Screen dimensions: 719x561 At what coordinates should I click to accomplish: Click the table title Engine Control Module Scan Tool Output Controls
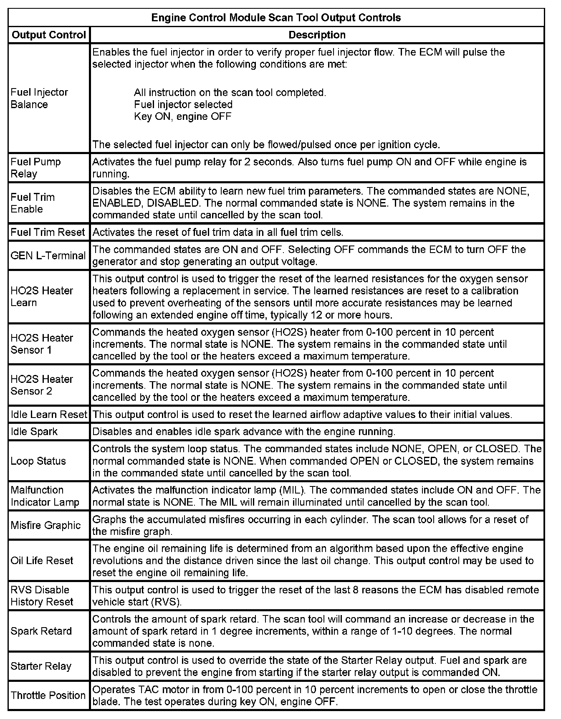(276, 18)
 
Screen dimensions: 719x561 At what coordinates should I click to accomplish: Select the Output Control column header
(49, 35)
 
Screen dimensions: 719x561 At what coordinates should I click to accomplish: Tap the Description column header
(317, 35)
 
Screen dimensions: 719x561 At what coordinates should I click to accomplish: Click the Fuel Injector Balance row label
(39, 99)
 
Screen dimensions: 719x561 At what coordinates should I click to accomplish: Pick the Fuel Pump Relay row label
(35, 168)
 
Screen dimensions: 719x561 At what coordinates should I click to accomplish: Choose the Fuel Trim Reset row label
(48, 232)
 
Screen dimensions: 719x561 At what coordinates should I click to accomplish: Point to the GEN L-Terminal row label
(48, 256)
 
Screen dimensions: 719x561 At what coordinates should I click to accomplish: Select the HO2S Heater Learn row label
(42, 296)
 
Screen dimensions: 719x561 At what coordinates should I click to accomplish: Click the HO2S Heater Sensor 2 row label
(42, 385)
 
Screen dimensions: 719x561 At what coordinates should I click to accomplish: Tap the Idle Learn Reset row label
(49, 415)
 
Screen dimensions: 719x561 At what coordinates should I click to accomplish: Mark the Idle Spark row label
(34, 431)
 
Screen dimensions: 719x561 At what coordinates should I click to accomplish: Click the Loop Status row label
(38, 461)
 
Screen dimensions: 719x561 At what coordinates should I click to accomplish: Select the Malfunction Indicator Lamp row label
(45, 496)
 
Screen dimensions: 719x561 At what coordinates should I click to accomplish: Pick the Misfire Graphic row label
(45, 525)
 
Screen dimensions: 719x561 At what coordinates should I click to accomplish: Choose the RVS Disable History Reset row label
(42, 596)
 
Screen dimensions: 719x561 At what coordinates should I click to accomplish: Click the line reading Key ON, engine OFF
(182, 116)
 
